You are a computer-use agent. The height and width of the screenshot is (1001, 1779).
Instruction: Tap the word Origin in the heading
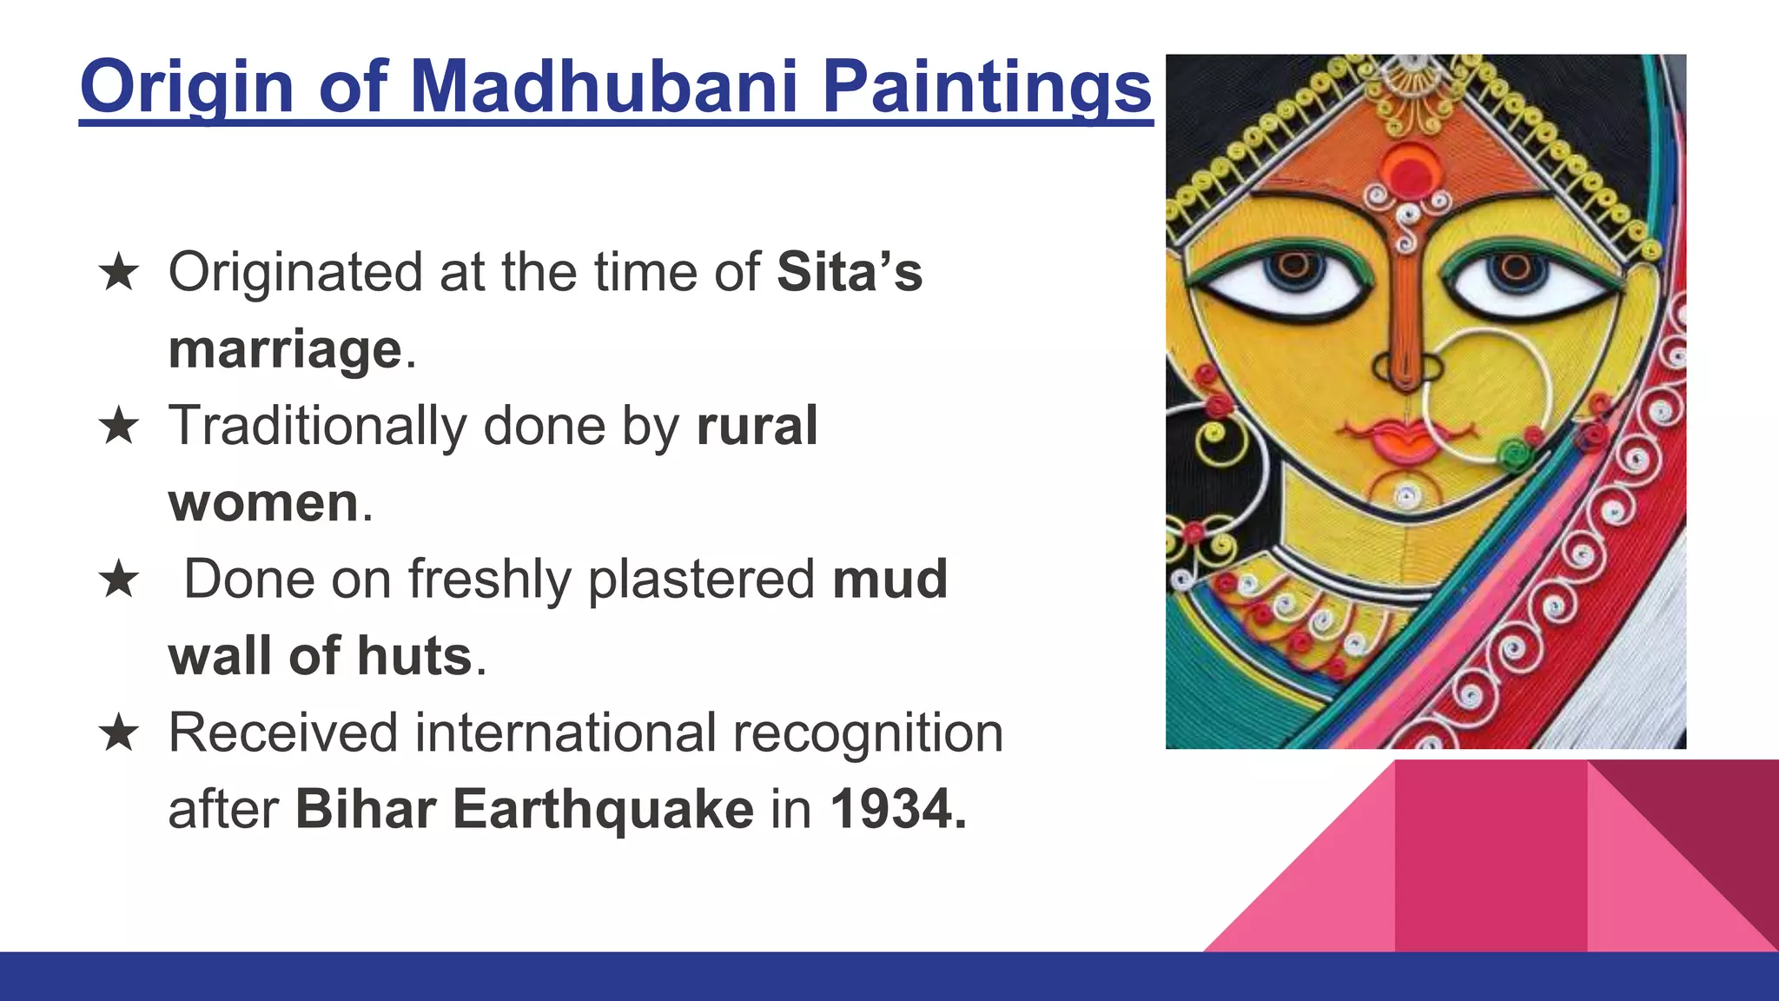pos(187,87)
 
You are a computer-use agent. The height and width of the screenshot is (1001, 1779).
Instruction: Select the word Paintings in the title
pos(987,87)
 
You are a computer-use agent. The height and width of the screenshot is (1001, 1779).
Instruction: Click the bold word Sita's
pos(849,272)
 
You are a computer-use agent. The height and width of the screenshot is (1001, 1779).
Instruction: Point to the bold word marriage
pos(285,349)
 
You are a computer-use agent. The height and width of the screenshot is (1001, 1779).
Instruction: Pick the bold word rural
pos(757,426)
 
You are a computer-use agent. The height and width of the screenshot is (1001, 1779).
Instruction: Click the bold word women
pos(263,503)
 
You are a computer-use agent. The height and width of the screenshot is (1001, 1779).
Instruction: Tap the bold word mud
pos(889,580)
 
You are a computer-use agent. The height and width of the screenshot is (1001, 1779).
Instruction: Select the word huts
pos(414,656)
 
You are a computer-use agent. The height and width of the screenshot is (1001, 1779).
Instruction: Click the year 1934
pos(897,810)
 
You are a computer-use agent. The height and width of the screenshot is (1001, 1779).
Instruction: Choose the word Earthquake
pos(603,810)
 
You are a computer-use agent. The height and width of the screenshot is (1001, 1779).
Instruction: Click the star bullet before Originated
pos(119,273)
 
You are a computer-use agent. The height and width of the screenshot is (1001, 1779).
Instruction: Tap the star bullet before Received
pos(119,733)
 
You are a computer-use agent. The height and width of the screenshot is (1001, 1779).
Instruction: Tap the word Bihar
pos(365,810)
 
